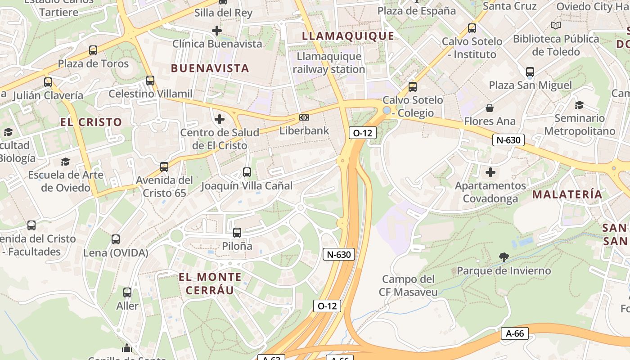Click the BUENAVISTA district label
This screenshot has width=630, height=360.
[x=210, y=68]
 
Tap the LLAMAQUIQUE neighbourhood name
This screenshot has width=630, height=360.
[x=348, y=36]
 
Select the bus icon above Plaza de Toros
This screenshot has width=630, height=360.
[x=93, y=50]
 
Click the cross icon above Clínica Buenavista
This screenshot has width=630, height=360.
[x=217, y=31]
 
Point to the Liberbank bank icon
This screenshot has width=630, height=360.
[x=304, y=117]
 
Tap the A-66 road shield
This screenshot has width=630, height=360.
[x=514, y=333]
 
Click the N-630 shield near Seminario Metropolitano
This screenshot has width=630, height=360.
[x=508, y=140]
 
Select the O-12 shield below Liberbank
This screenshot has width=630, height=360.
[x=363, y=132]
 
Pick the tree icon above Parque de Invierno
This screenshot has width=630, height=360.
[x=504, y=257]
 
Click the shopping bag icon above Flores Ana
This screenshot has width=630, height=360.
[x=490, y=108]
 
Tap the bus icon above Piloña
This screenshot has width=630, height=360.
[x=237, y=233]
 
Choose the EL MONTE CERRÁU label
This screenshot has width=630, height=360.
[x=210, y=283]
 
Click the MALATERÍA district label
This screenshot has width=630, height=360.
[x=567, y=194]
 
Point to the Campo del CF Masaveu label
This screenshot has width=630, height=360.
[x=409, y=286]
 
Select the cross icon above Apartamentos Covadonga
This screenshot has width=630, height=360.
[x=490, y=172]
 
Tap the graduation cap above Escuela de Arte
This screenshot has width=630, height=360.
[x=66, y=162]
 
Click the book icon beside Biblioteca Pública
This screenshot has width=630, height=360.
[x=556, y=25]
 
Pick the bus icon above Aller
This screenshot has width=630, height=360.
[x=127, y=292]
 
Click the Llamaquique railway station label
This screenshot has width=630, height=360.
[x=329, y=63]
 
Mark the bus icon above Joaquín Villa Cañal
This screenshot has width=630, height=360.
[x=247, y=172]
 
